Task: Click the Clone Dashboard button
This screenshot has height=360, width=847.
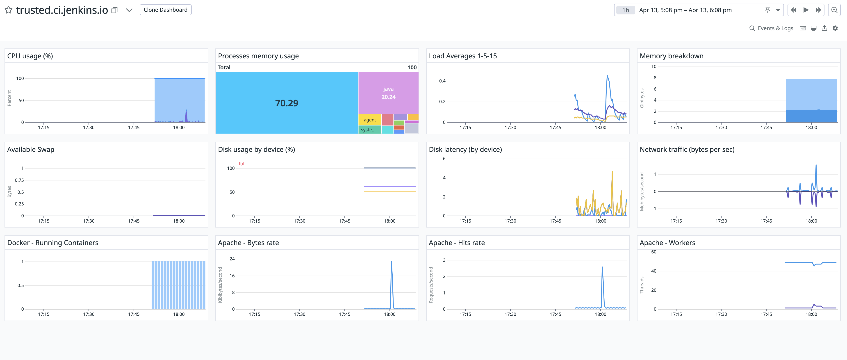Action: (x=165, y=10)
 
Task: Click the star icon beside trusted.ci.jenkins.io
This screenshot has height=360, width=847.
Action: (x=9, y=10)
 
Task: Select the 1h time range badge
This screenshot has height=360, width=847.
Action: (x=625, y=10)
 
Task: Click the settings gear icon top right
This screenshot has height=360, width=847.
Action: (x=835, y=28)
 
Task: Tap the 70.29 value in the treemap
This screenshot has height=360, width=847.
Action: (x=286, y=103)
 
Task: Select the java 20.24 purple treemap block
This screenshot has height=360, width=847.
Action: (x=388, y=93)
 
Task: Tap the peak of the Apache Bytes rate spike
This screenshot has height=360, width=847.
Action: (x=391, y=262)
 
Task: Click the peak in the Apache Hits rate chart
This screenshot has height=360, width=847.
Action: (x=602, y=267)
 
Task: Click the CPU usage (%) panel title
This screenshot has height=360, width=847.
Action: (x=30, y=56)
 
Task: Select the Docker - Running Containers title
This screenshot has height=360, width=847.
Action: (x=53, y=243)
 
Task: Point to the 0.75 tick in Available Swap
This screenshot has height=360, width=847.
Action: (x=19, y=180)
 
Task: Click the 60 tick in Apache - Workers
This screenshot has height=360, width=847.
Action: (x=654, y=252)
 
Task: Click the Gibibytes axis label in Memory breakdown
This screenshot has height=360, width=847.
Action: (x=642, y=98)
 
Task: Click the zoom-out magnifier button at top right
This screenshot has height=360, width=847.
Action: (x=834, y=10)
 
